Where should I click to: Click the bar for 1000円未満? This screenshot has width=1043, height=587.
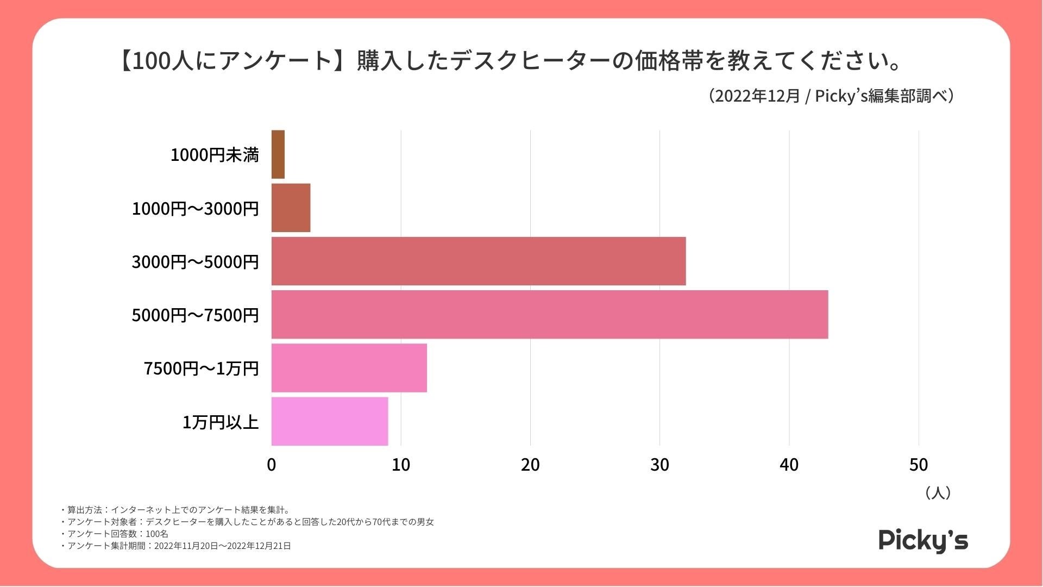(x=278, y=154)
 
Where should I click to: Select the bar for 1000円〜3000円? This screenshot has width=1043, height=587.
(x=291, y=208)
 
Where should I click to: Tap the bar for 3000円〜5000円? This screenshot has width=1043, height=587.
(x=478, y=261)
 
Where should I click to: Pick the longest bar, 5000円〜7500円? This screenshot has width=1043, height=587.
(x=549, y=314)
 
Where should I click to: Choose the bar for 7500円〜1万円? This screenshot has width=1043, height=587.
(x=349, y=367)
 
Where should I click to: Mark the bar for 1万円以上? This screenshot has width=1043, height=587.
(x=329, y=421)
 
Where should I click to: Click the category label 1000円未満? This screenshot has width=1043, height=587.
(x=215, y=155)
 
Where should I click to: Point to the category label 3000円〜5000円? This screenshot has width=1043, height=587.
(x=195, y=261)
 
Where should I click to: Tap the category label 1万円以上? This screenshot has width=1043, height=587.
(x=220, y=422)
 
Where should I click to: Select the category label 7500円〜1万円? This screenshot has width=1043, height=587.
(x=201, y=369)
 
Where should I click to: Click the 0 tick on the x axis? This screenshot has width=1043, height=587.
(x=272, y=465)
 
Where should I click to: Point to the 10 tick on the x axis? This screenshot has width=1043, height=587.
(x=401, y=465)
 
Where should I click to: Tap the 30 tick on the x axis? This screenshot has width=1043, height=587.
(x=659, y=465)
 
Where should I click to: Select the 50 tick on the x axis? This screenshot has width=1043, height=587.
(x=919, y=465)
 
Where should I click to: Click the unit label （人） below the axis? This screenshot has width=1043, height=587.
(x=938, y=492)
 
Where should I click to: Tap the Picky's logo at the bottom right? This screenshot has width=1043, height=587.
(x=923, y=540)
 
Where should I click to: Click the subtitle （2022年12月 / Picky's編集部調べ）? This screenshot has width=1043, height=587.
(x=831, y=96)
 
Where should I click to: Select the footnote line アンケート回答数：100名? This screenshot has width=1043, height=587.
(x=116, y=534)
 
